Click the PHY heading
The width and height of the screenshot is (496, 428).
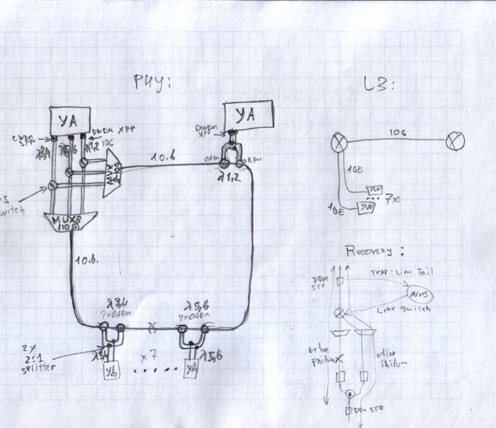click(152, 82)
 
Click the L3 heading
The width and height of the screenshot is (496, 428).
click(380, 86)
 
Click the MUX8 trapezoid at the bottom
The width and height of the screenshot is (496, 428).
click(71, 220)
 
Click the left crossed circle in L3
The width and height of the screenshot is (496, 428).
click(339, 141)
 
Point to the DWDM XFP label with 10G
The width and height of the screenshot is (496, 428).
click(113, 130)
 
